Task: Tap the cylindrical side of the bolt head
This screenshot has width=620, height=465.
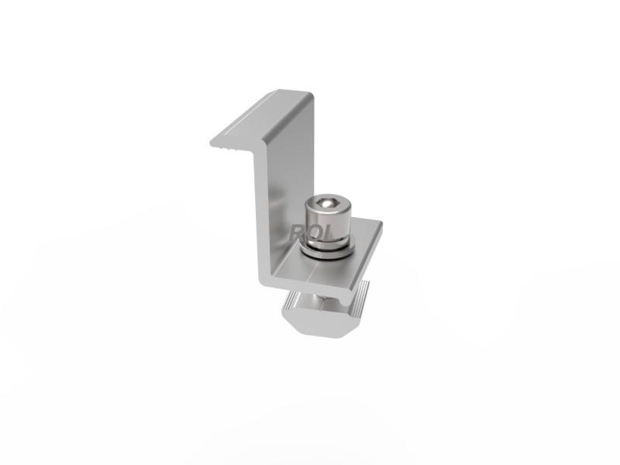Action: [325, 224]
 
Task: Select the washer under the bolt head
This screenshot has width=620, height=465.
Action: [325, 247]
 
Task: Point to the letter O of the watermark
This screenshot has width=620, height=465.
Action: [312, 232]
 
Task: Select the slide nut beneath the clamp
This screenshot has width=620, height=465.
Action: [325, 314]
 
